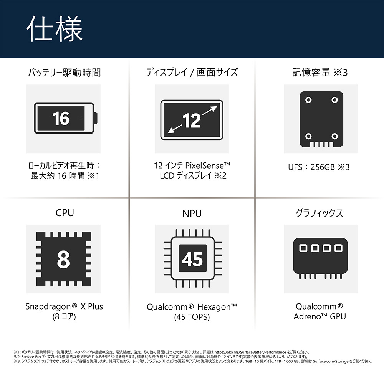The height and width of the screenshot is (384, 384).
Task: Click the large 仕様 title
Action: coord(55,29)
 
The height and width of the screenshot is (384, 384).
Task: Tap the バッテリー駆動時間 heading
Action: coord(65,73)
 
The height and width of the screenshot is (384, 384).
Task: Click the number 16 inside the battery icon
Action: coord(61,118)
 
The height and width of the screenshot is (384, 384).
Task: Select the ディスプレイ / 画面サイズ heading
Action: coord(192,73)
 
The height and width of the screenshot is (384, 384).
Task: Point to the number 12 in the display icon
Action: coord(192,121)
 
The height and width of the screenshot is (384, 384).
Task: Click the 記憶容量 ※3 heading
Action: coord(320,73)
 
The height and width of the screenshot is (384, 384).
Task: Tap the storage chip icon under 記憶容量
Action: coord(321,119)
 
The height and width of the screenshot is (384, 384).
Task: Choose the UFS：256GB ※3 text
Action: coord(319,167)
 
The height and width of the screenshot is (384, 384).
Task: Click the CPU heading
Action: coord(65,213)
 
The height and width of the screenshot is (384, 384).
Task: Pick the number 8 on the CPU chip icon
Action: coord(63,259)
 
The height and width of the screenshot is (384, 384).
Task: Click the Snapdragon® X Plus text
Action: coord(64,306)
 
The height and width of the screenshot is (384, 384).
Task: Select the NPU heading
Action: coord(192,214)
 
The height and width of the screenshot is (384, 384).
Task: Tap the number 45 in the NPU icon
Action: coord(192,259)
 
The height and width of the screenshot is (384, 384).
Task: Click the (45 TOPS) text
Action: coord(192,317)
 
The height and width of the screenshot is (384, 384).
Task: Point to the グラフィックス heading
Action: coord(319,213)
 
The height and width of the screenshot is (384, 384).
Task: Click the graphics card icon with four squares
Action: coord(320,258)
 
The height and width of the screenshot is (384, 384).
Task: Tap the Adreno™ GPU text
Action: coord(319,316)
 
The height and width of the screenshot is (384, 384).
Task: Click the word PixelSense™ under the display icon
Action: coord(207,166)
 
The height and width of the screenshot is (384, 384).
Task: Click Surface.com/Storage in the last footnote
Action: coord(330,361)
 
